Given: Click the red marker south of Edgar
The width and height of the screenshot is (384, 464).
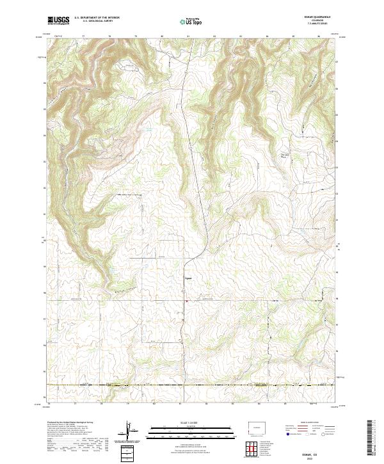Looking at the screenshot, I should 186,301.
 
